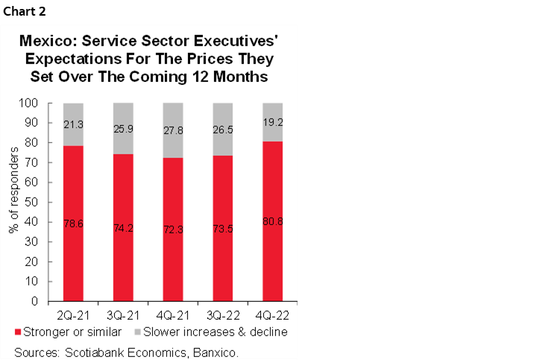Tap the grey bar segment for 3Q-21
pos(122,128)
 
